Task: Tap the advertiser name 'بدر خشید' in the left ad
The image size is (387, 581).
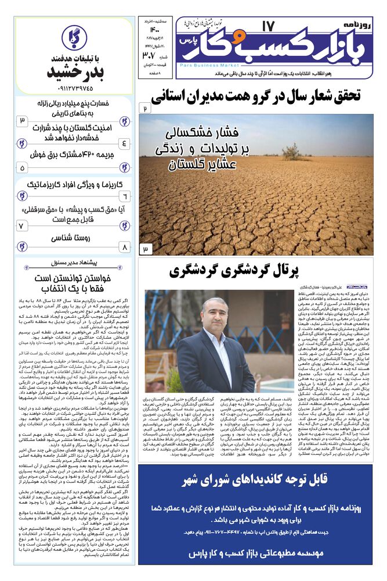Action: pos(73,75)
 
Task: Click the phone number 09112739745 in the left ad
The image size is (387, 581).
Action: pos(73,89)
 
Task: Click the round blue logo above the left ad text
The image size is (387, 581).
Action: pos(74,38)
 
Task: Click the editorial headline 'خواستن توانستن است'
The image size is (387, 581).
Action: pos(73,278)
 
